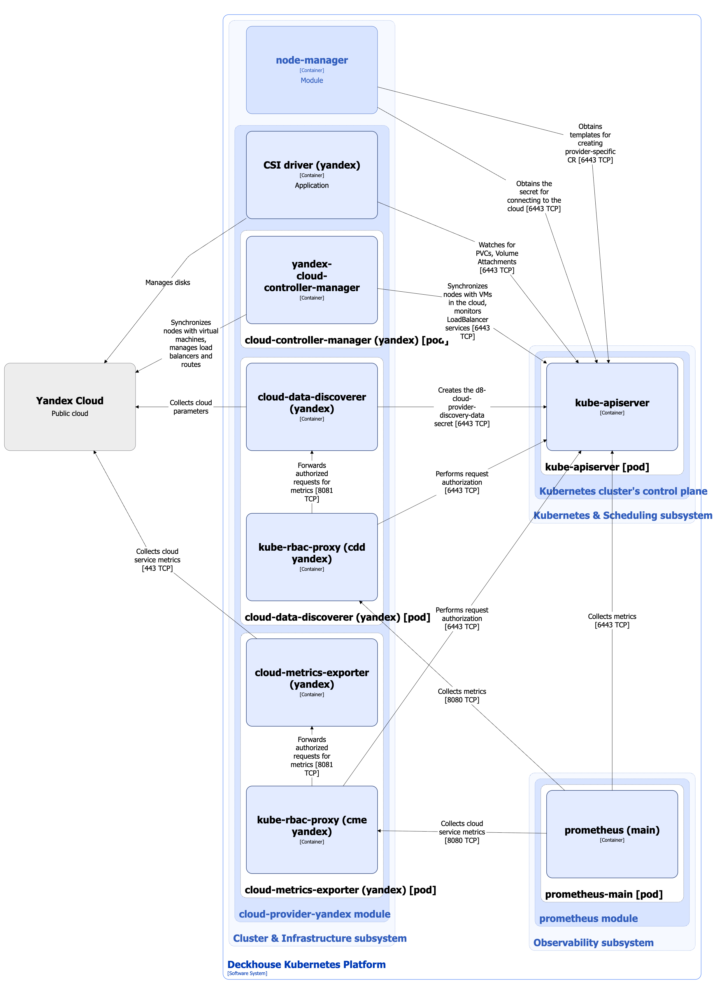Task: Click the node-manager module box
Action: pos(312,70)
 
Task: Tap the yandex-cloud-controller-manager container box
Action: pos(312,280)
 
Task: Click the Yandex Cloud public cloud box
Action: pos(70,406)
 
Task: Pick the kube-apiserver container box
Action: pos(612,406)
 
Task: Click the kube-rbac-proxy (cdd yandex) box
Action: pos(312,556)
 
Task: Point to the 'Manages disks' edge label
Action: pos(167,282)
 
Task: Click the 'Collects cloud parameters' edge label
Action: pos(191,406)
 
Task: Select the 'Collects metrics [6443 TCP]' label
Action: pos(612,620)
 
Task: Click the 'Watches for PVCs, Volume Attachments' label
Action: pos(496,257)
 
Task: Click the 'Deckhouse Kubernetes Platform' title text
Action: pos(306,964)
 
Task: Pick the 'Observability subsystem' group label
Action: pos(593,942)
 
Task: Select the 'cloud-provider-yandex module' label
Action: pos(314,914)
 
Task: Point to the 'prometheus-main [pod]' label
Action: pos(603,894)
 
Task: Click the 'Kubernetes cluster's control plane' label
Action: pos(623,491)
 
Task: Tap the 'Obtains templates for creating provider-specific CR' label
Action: pos(590,143)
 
